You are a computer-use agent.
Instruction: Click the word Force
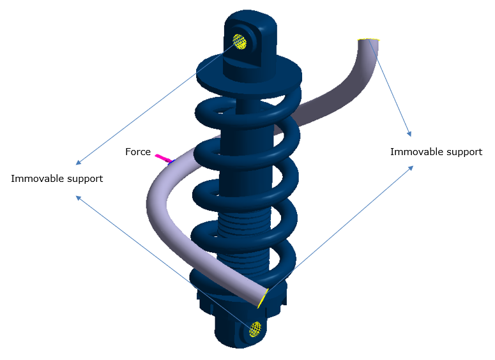[x=138, y=152]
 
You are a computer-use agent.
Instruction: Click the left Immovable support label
[x=57, y=179]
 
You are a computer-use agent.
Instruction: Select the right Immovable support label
[x=436, y=152]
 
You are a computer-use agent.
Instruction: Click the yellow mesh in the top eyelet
[x=240, y=42]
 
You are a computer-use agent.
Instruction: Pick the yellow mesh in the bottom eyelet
[x=255, y=329]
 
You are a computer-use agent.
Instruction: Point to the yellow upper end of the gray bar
[x=369, y=40]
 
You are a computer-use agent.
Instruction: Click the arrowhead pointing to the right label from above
[x=409, y=135]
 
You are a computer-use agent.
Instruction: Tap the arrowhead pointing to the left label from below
[x=78, y=197]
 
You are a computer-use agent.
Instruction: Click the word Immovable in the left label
[x=34, y=179]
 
